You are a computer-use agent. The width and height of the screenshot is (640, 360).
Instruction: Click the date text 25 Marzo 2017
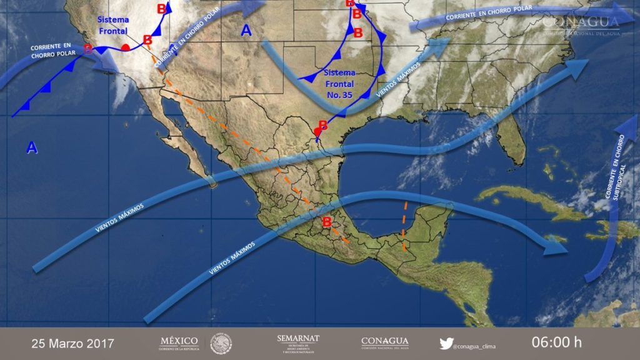coord(72,343)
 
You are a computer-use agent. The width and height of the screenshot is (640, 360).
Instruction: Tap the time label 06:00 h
coord(556,342)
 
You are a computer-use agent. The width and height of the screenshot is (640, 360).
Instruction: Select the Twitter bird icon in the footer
coord(446,343)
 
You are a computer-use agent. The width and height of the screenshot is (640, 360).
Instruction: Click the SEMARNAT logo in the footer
coord(297,343)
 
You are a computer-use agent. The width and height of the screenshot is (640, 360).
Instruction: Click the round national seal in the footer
coord(221,343)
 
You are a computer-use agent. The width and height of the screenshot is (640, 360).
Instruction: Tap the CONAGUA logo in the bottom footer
coord(384,343)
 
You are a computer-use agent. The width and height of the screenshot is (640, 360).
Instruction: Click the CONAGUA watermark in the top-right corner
coord(581,24)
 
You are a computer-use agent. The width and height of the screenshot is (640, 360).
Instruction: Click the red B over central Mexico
coord(326,222)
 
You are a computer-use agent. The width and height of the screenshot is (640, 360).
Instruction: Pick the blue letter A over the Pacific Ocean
coord(31,147)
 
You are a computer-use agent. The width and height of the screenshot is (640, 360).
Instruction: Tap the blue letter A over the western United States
coord(246,31)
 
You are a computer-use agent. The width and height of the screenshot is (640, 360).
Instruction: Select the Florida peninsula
coord(514,137)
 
